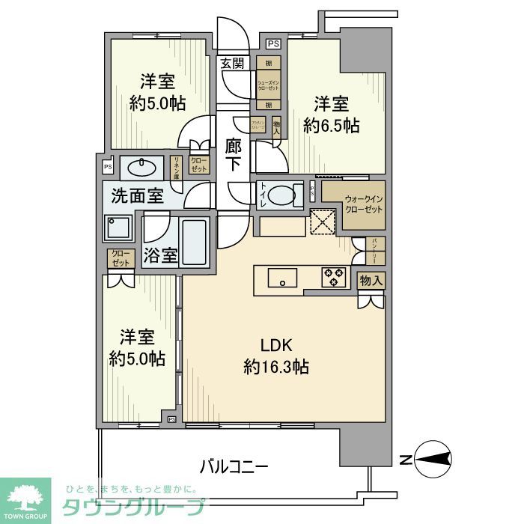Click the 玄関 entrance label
[x=232, y=64]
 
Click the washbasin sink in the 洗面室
[x=141, y=166]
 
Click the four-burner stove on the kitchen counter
[x=333, y=276]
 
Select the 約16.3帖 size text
[x=275, y=367]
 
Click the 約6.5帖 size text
[x=332, y=125]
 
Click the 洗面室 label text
[x=137, y=197]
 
